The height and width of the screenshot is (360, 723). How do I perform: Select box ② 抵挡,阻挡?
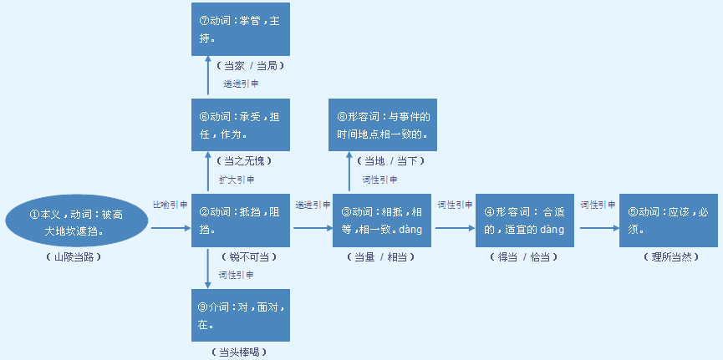point(241,221)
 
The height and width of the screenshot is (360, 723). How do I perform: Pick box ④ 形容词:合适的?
point(525,221)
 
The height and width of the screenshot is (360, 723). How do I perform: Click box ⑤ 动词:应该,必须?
point(668,221)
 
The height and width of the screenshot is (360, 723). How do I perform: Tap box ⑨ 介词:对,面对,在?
point(241,315)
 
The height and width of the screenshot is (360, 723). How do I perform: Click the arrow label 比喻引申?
point(170,204)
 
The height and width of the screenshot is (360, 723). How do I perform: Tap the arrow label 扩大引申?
point(237,180)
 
